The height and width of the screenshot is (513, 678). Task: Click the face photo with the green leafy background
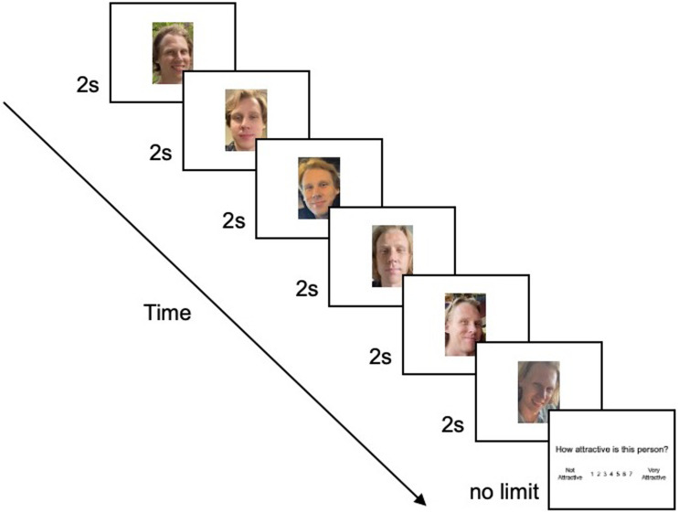[173, 53]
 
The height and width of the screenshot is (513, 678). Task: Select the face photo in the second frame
[246, 120]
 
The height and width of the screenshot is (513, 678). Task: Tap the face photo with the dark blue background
[319, 187]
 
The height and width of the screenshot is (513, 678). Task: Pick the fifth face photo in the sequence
[465, 324]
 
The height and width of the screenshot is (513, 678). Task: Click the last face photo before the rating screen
[538, 391]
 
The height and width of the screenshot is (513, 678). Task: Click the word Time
[167, 313]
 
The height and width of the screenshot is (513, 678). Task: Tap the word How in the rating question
[564, 449]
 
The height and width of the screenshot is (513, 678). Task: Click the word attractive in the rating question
[595, 449]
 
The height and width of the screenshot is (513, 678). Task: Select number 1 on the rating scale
[592, 474]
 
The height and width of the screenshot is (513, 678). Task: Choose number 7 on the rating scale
[630, 474]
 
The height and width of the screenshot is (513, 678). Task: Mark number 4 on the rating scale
[611, 474]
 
